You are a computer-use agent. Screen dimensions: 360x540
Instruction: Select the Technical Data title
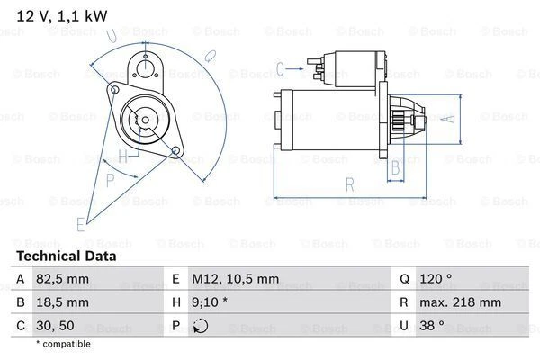pos(65,256)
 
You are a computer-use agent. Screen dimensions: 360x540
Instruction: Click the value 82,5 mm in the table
pos(62,281)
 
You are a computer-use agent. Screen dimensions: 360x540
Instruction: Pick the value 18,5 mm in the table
pos(62,303)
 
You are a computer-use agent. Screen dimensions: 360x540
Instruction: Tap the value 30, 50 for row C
pos(56,326)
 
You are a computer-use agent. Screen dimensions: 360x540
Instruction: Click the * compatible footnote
pos(63,345)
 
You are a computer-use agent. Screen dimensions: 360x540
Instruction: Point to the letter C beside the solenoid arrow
pos(280,67)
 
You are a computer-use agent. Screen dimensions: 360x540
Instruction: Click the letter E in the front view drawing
pos(80,222)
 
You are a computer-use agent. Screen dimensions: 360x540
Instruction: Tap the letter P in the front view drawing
pos(110,179)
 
